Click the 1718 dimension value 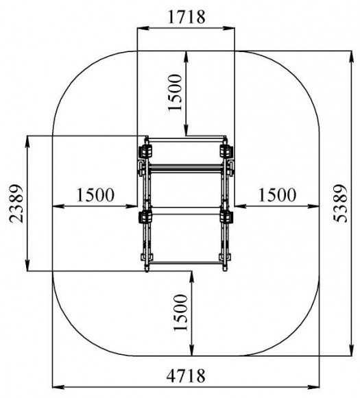point(187,17)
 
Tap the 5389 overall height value point(340,203)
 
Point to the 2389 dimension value point(16,203)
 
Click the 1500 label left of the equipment point(95,195)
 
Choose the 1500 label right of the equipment point(277,195)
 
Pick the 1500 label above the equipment point(175,92)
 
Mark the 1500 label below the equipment point(180,312)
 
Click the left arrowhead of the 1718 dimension point(143,28)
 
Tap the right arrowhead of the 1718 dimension point(229,28)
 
